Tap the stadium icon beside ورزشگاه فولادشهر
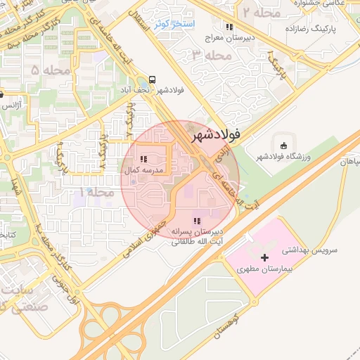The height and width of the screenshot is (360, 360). coord(283,146)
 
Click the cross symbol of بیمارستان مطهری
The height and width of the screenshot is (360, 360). coord(264,259)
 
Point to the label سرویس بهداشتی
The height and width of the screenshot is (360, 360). coord(311,250)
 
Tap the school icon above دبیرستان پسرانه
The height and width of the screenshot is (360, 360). coord(195,222)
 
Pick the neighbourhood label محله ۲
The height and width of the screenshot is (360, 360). coord(261,12)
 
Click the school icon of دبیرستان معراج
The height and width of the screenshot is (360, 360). coord(229,27)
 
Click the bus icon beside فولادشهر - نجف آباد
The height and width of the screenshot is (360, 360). coord(153,79)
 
